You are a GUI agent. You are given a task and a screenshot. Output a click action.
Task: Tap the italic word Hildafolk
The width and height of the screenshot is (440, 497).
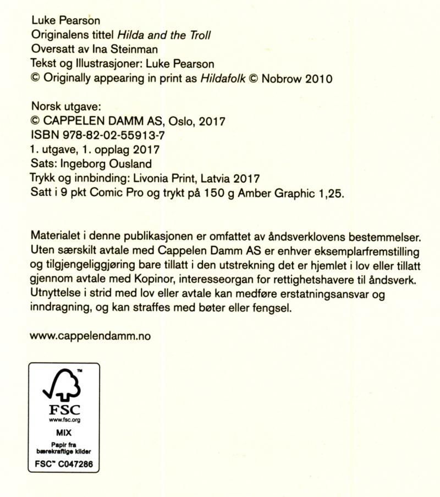[223, 78]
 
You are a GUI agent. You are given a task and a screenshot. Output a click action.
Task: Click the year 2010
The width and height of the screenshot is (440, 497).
[319, 78]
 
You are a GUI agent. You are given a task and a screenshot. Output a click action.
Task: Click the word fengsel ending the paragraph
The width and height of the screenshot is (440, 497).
[272, 309]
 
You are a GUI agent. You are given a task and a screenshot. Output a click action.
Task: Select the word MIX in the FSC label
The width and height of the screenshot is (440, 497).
[64, 433]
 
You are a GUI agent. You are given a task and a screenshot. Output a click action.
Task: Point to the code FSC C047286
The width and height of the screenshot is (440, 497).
[64, 464]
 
